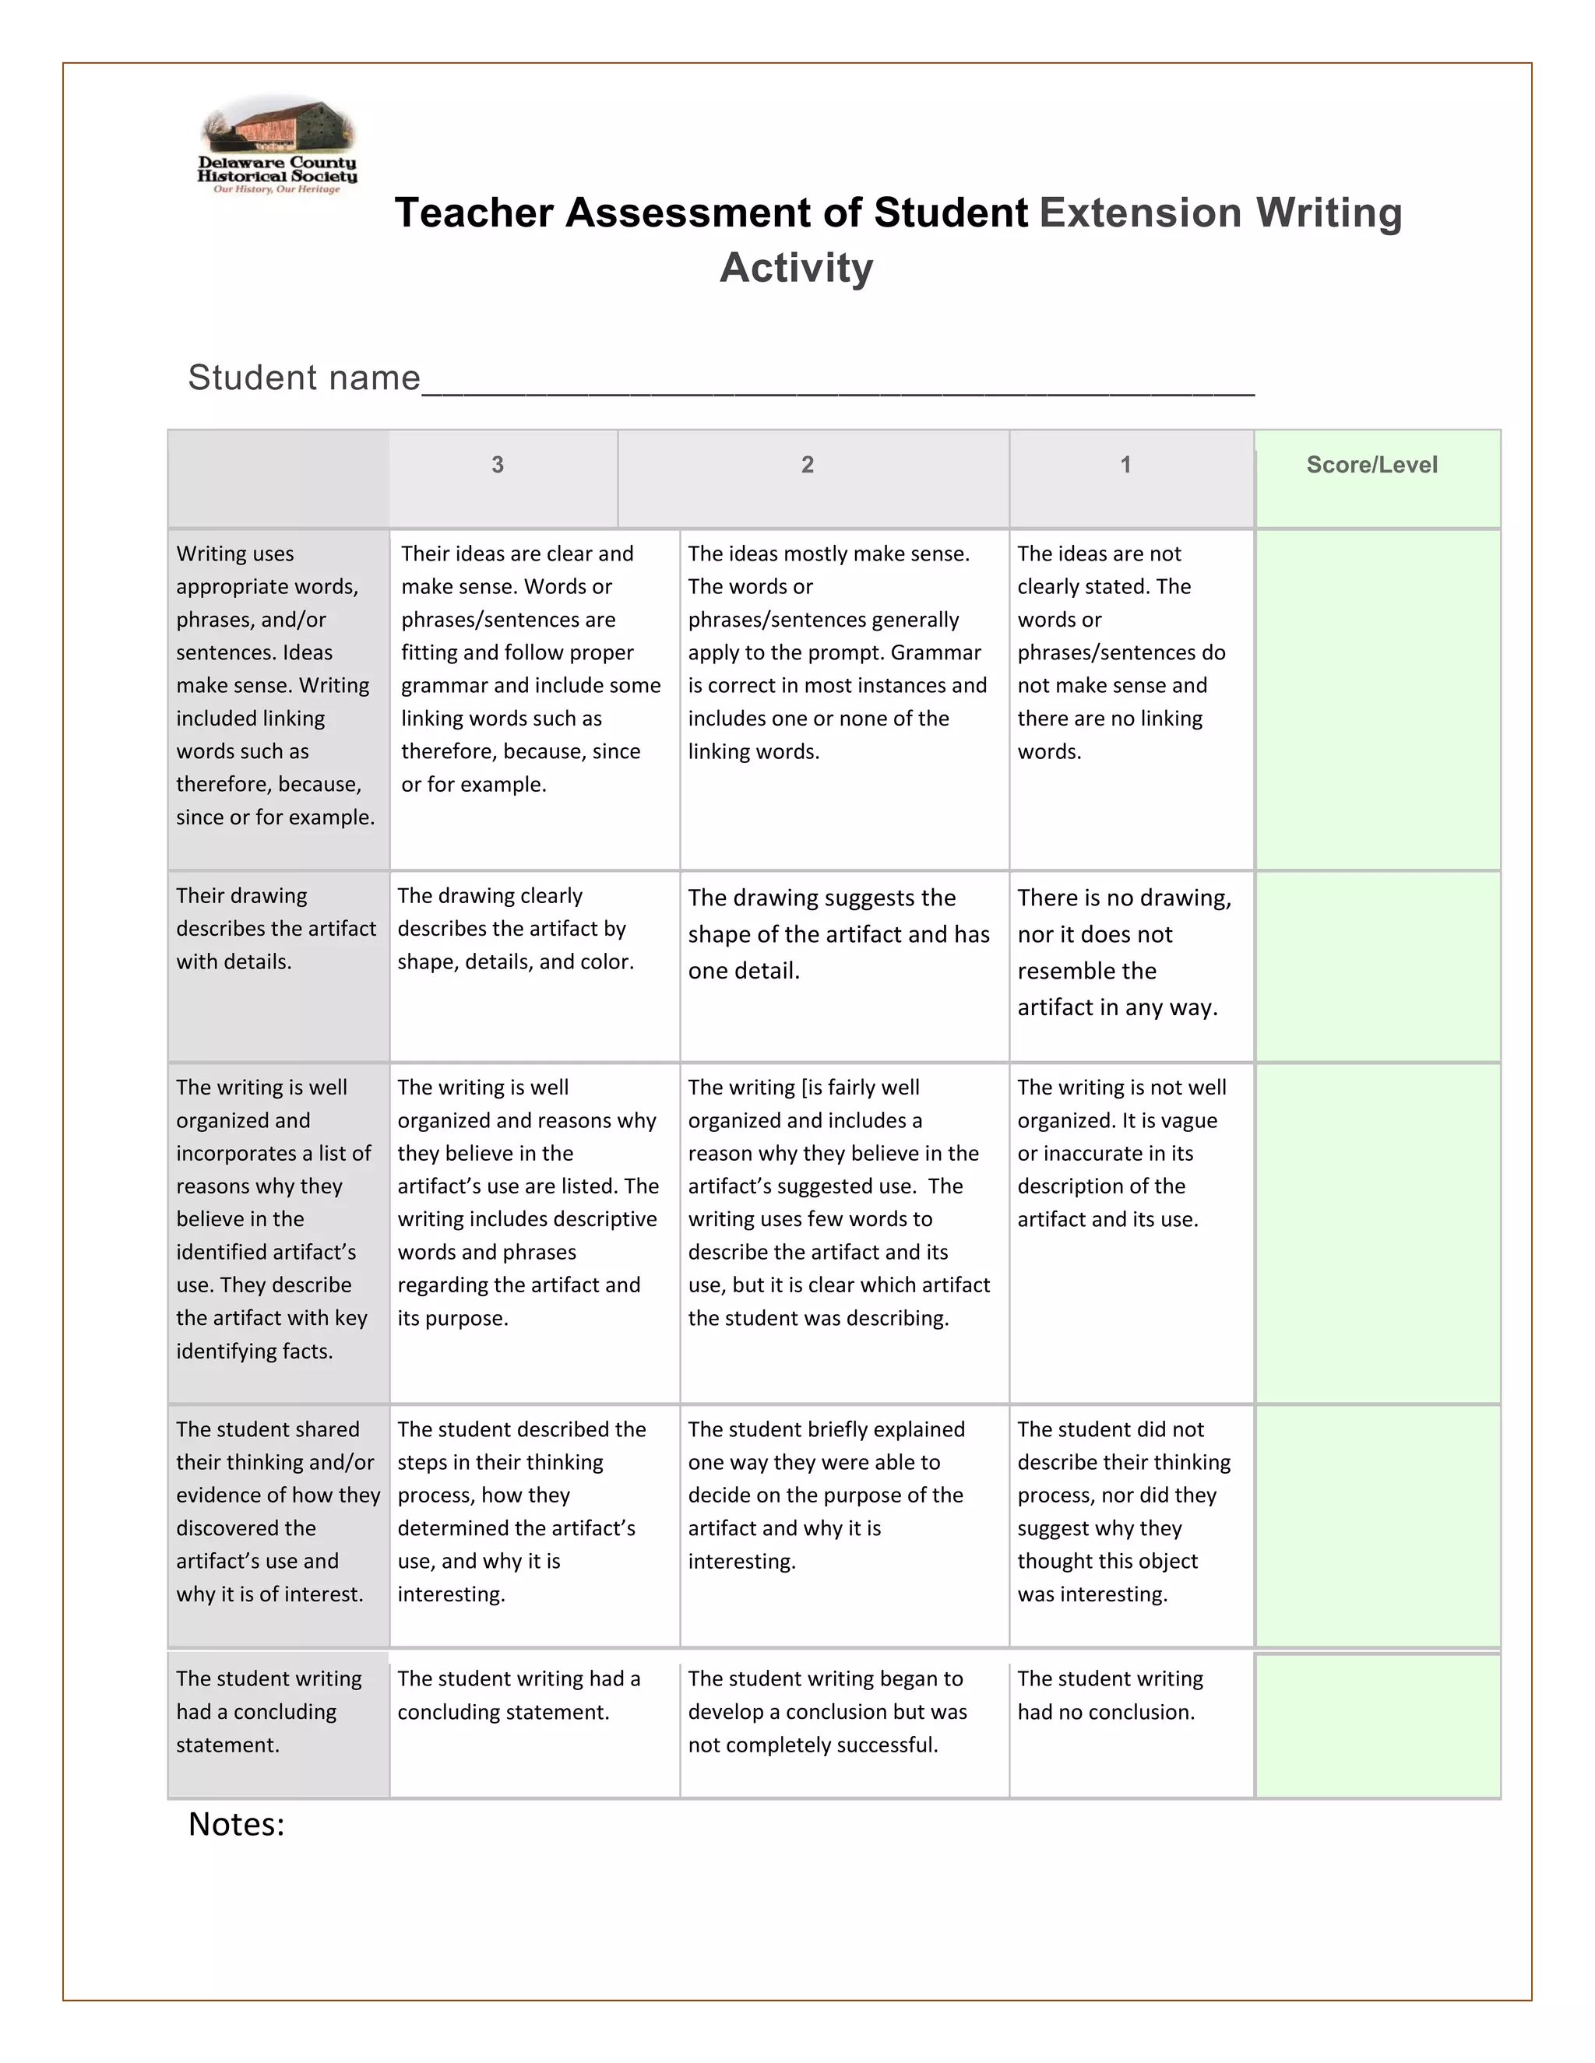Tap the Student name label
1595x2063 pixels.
[x=303, y=378]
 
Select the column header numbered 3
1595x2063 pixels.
[x=498, y=465]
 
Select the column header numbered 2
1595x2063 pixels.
[x=807, y=465]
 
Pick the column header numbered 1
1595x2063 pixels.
[x=1125, y=465]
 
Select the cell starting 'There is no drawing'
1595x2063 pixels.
[x=1124, y=952]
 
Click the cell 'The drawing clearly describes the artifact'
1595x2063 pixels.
[x=515, y=929]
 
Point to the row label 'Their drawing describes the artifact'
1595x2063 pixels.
[x=275, y=929]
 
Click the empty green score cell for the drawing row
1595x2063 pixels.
[x=1377, y=965]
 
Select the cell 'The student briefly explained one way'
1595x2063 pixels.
[x=825, y=1495]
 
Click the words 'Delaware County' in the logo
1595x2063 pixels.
[x=276, y=163]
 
